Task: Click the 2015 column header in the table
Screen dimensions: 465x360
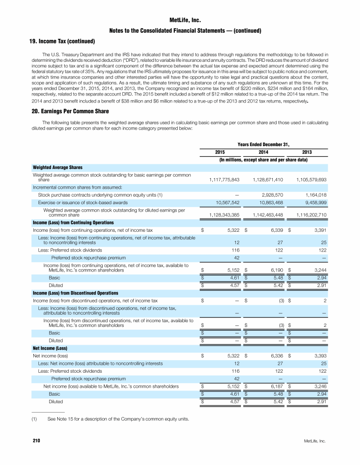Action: pyautogui.click(x=220, y=152)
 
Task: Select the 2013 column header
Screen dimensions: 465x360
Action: pyautogui.click(x=307, y=152)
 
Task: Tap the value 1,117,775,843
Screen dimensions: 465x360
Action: pyautogui.click(x=223, y=179)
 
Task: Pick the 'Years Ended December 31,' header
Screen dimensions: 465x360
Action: pyautogui.click(x=263, y=144)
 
